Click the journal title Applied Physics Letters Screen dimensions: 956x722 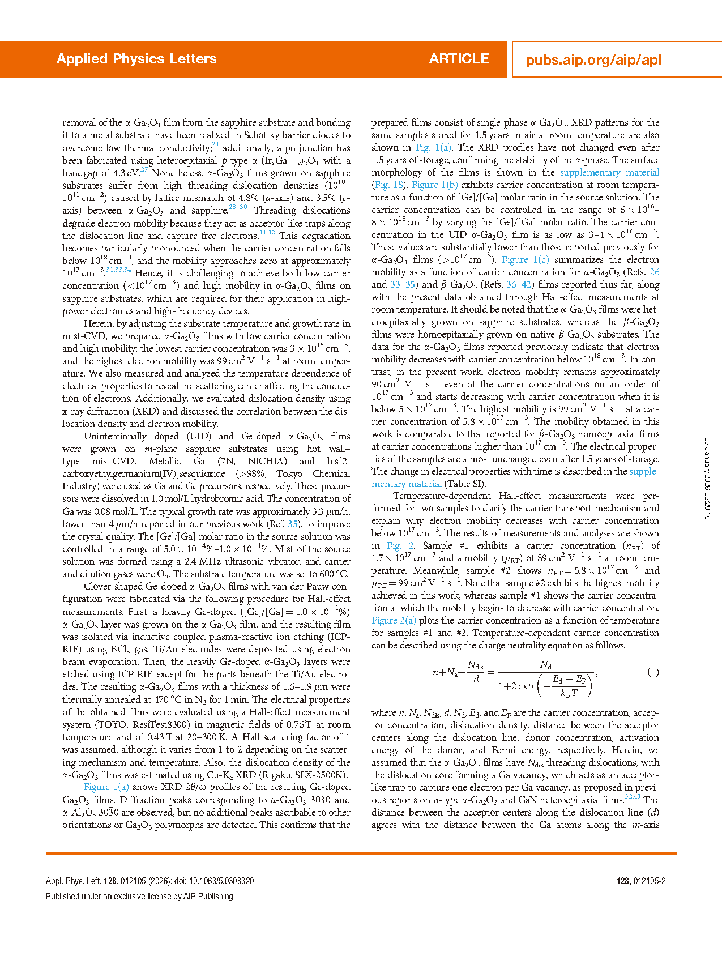click(x=136, y=59)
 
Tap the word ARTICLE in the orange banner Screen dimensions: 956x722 click(x=459, y=59)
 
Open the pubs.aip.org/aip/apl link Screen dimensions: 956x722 click(x=593, y=60)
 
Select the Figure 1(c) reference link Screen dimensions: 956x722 click(x=525, y=260)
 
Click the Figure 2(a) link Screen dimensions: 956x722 click(x=394, y=621)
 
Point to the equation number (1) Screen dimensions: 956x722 click(x=653, y=672)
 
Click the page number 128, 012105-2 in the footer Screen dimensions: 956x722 click(x=641, y=881)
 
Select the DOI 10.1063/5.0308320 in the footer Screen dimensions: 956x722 click(x=221, y=881)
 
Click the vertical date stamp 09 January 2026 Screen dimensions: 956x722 click(x=707, y=479)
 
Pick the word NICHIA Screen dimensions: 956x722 click(x=266, y=462)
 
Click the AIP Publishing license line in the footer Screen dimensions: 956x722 click(x=139, y=897)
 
